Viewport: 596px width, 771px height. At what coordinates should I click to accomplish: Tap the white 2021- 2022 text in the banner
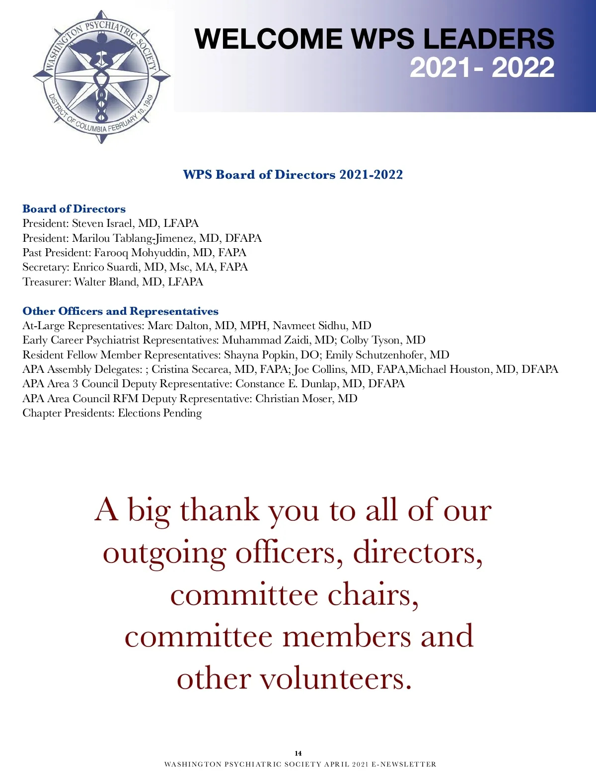pos(482,68)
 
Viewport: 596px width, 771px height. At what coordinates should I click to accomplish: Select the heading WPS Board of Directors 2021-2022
pos(293,175)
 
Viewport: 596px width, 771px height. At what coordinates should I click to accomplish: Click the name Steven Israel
pos(102,223)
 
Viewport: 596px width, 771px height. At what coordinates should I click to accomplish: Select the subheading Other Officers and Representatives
pos(120,311)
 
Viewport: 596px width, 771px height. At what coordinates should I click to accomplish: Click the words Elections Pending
pos(159,413)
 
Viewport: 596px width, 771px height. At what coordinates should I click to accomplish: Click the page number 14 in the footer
pos(298,753)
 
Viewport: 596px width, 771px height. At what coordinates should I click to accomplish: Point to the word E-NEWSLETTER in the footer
pos(404,765)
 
